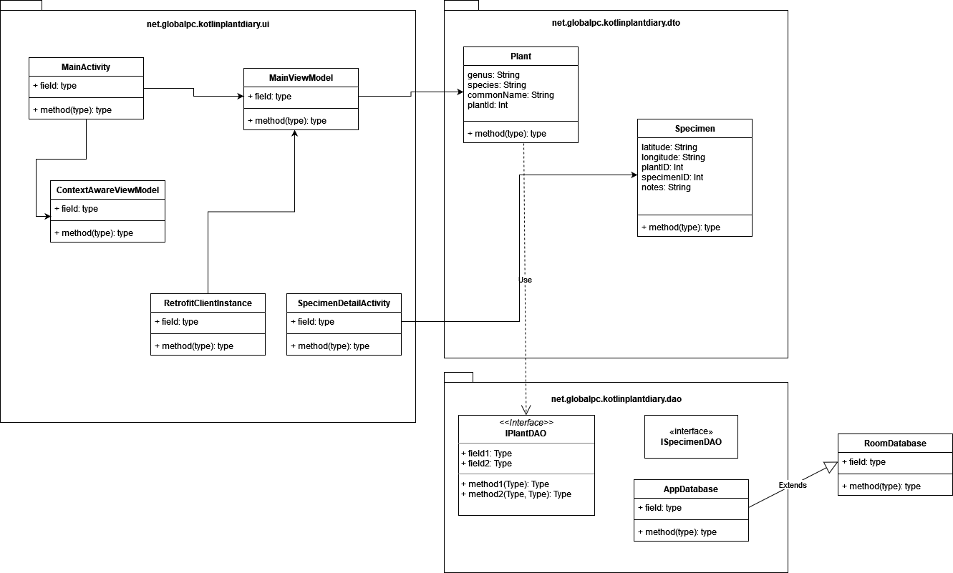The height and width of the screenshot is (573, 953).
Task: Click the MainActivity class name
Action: pos(86,67)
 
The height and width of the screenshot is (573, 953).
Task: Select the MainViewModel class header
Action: pos(301,78)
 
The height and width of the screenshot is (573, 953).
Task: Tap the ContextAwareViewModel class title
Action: pos(107,190)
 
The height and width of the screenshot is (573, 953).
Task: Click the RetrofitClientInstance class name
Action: pos(208,303)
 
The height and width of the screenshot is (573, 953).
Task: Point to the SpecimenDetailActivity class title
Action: pos(344,303)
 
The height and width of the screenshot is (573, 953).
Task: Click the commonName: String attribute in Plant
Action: pos(511,95)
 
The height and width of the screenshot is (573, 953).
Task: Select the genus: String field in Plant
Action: pos(493,75)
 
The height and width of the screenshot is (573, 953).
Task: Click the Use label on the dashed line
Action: pos(525,280)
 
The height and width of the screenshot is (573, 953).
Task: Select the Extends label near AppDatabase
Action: pos(793,485)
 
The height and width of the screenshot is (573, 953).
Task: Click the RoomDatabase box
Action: pos(895,444)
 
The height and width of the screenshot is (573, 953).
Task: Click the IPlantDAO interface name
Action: pos(526,433)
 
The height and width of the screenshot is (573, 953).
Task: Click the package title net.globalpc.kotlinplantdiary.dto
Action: pos(616,23)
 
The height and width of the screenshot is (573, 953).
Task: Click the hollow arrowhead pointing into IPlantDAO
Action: pos(526,410)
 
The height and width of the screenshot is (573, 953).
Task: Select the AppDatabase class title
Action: pos(691,489)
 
